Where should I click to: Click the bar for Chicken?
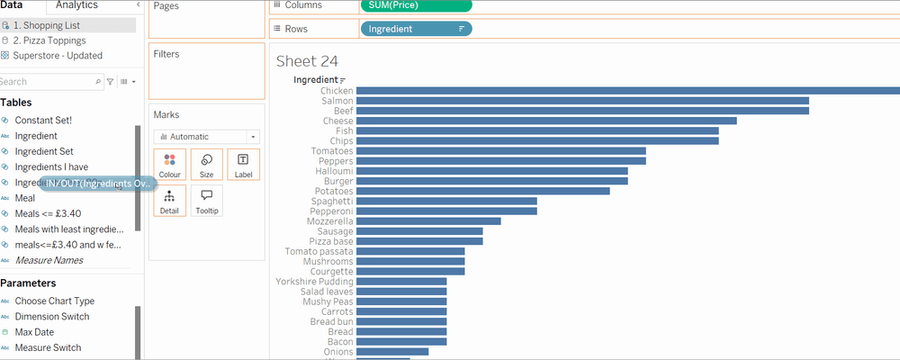click(x=627, y=90)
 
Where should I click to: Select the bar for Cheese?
click(x=546, y=121)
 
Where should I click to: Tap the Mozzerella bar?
click(x=428, y=220)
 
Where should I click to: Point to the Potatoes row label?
click(x=333, y=191)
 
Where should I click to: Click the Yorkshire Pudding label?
click(x=314, y=281)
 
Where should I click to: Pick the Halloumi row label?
click(x=334, y=171)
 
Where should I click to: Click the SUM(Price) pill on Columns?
click(x=415, y=5)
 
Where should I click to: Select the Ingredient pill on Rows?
click(x=415, y=29)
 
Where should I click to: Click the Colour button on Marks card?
click(x=169, y=165)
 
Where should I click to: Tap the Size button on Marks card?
click(x=206, y=165)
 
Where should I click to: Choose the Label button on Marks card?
click(x=243, y=165)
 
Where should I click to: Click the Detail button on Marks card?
click(x=169, y=201)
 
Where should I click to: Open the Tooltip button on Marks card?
click(x=206, y=201)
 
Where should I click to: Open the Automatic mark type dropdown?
click(x=206, y=137)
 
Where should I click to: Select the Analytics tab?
click(x=76, y=5)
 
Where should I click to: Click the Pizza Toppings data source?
click(x=49, y=40)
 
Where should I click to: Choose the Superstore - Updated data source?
click(x=58, y=56)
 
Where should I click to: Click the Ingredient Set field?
click(x=44, y=151)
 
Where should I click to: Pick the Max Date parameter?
click(x=35, y=332)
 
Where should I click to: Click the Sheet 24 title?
click(x=309, y=61)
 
